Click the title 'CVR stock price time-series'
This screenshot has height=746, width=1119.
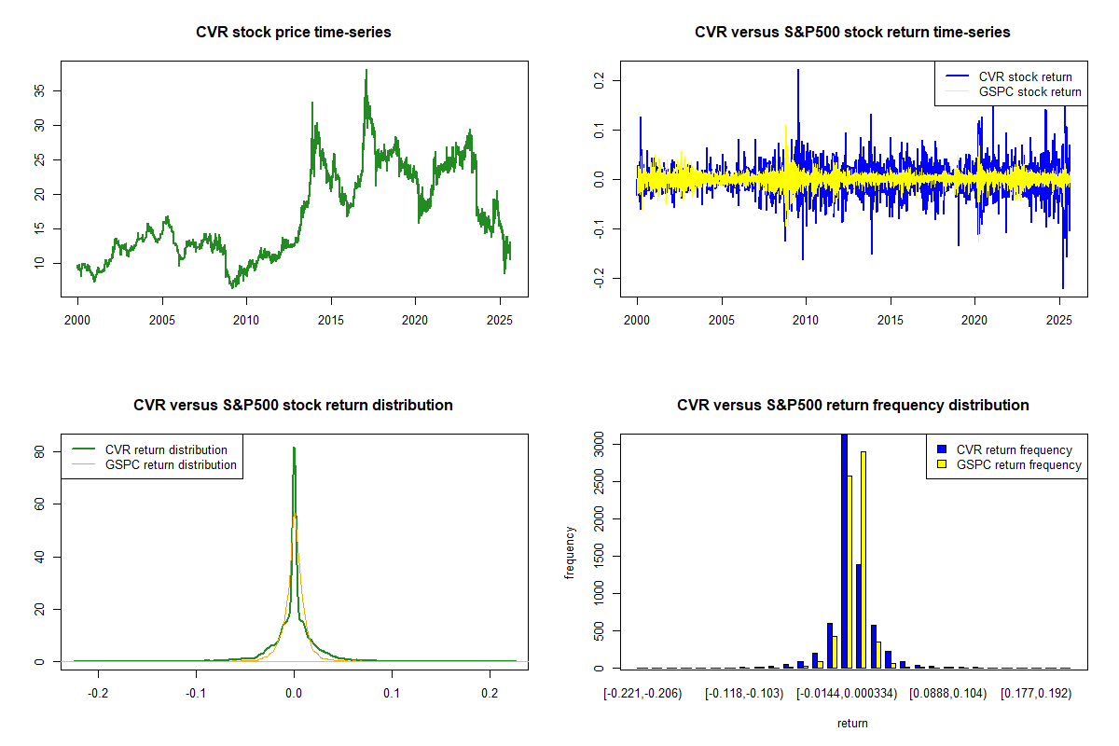(293, 33)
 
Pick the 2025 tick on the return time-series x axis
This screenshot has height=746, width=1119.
(1058, 320)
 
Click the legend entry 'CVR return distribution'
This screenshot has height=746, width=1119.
(166, 449)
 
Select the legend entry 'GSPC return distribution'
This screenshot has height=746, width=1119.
(171, 464)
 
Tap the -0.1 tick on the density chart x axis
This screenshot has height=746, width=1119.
(196, 693)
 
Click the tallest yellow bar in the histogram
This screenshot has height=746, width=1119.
(863, 559)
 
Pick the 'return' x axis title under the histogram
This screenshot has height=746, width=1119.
(852, 723)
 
